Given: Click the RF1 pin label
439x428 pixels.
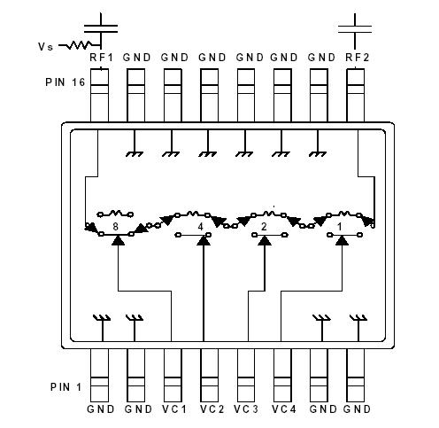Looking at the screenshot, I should pos(99,58).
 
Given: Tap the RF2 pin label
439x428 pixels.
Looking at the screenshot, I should pos(358,58).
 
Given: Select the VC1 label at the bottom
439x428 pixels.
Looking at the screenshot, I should pos(174,409).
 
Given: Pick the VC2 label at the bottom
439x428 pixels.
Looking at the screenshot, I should pos(210,409).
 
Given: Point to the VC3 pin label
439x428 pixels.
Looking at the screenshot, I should pos(246,409).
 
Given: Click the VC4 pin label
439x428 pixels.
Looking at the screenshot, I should pos(283,409).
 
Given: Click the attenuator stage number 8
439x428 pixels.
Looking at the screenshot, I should pos(116,227).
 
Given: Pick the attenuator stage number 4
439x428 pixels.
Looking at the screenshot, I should pos(202,227).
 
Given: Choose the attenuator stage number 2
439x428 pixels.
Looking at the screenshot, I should pos(265,227).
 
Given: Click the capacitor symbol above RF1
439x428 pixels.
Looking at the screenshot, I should pos(104,19).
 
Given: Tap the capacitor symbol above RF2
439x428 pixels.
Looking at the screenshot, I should pos(358,19).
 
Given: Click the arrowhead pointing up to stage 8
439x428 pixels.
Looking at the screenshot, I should pos(117,240).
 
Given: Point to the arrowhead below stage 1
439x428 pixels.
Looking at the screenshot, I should pos(343,240).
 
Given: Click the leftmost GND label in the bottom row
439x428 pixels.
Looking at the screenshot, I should pos(101,409).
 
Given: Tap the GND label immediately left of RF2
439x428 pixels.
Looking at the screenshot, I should pos(320,58).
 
